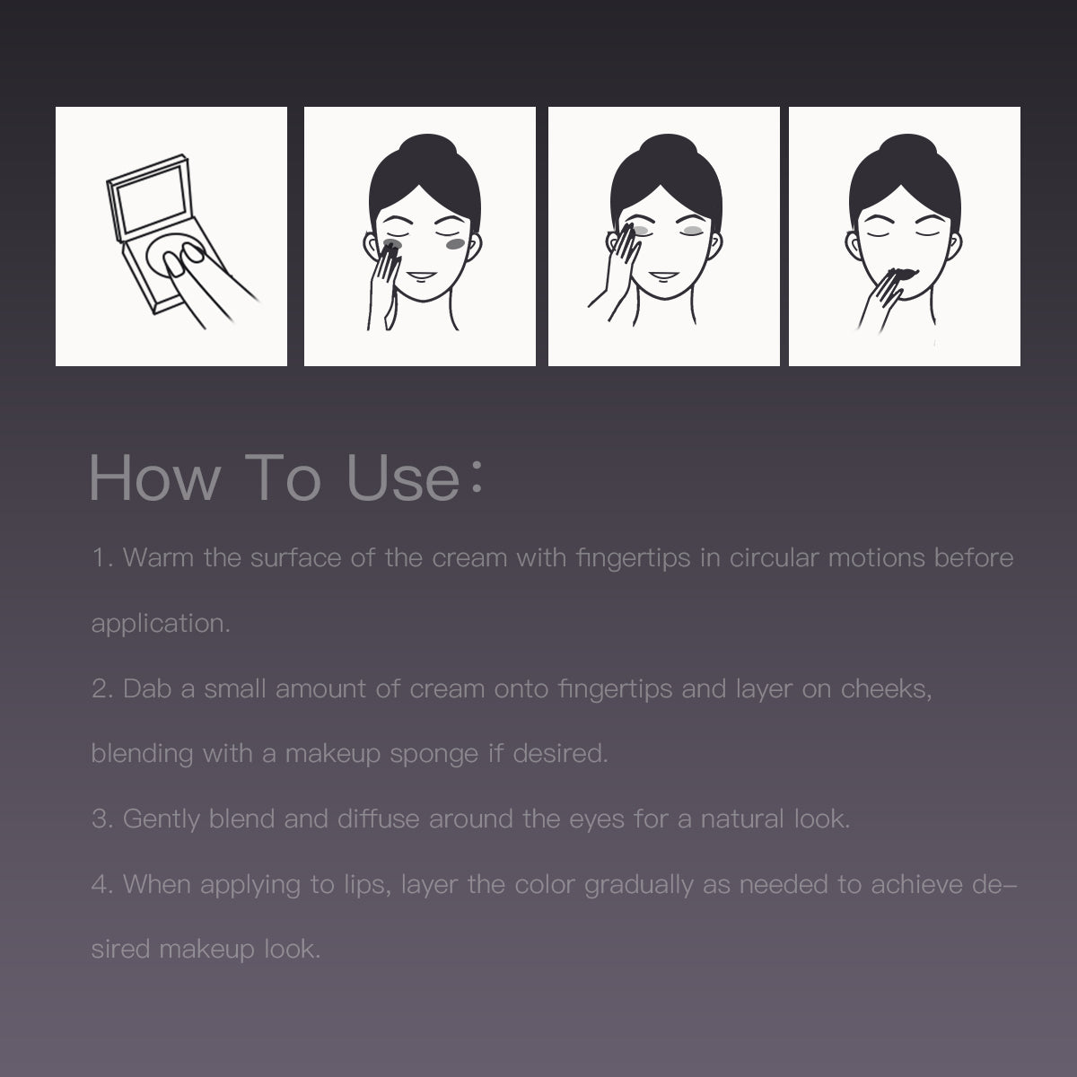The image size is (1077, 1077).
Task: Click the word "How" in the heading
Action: pyautogui.click(x=154, y=478)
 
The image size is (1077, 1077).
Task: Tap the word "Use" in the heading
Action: pyautogui.click(x=403, y=478)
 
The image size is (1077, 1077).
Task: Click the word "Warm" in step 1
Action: pyautogui.click(x=158, y=557)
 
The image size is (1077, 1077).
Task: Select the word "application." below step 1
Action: pyautogui.click(x=161, y=625)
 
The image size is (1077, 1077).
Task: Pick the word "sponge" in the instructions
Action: pyautogui.click(x=433, y=755)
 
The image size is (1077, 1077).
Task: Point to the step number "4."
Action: pyautogui.click(x=102, y=884)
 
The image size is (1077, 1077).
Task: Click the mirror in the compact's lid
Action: pyautogui.click(x=151, y=200)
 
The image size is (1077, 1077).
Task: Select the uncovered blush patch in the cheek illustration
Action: pyautogui.click(x=456, y=244)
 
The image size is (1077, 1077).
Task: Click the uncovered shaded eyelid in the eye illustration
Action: pyautogui.click(x=693, y=231)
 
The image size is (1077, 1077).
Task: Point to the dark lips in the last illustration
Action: pyautogui.click(x=902, y=274)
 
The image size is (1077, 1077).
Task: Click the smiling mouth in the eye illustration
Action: pyautogui.click(x=664, y=275)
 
